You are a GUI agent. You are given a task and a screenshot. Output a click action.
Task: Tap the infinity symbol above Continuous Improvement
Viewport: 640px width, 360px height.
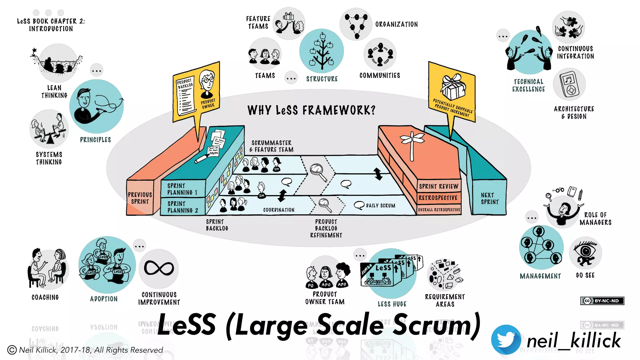pyautogui.click(x=159, y=268)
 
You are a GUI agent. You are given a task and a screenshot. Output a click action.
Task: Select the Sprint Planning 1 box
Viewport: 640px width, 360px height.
pyautogui.click(x=182, y=189)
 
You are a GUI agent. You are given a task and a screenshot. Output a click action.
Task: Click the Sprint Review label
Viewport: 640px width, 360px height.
pyautogui.click(x=438, y=187)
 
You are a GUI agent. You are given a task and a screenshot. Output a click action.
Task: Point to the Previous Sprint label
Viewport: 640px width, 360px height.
pyautogui.click(x=140, y=198)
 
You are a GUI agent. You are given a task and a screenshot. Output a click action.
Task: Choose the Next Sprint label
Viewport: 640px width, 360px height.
pyautogui.click(x=490, y=198)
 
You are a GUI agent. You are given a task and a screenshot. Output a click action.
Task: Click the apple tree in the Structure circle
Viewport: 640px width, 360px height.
pyautogui.click(x=322, y=52)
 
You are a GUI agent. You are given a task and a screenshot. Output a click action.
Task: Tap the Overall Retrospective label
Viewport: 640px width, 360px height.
pyautogui.click(x=439, y=210)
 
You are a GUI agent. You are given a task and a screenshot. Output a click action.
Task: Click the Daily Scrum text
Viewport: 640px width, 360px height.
pyautogui.click(x=380, y=206)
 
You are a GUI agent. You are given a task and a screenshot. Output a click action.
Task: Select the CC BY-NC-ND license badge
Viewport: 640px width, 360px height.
pyautogui.click(x=602, y=301)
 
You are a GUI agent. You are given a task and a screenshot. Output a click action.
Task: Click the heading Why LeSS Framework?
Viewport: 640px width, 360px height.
pyautogui.click(x=311, y=110)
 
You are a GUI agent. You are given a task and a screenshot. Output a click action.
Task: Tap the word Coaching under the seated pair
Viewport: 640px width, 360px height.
pyautogui.click(x=45, y=297)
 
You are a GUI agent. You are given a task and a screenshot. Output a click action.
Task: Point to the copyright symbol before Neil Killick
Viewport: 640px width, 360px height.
pyautogui.click(x=12, y=350)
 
